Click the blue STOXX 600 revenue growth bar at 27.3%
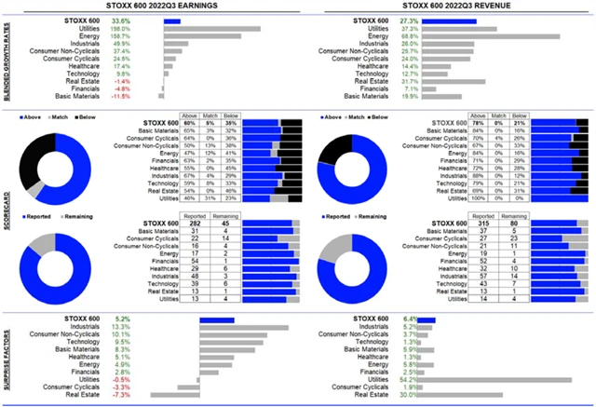pos(446,20)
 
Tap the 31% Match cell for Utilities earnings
pos(214,198)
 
